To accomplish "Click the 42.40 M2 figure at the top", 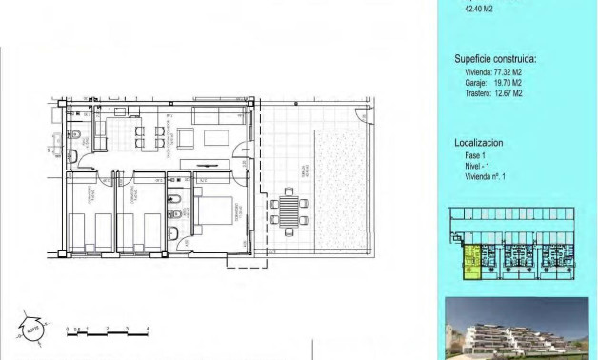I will pos(478,9).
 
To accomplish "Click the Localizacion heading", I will pos(478,142).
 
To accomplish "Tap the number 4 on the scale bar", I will pos(149,327).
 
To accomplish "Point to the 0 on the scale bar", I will pos(67,327).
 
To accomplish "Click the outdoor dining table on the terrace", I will pos(288,210).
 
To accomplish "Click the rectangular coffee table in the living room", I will pos(214,137).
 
